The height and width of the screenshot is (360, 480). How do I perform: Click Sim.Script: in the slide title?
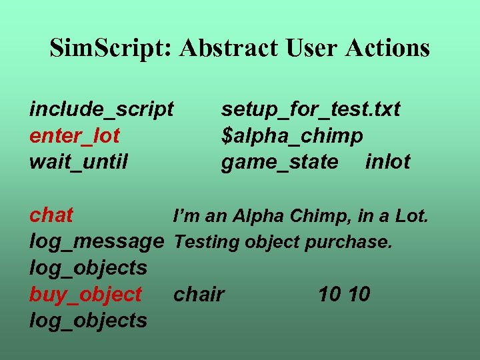(x=110, y=48)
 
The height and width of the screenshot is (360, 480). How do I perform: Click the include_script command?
(x=101, y=109)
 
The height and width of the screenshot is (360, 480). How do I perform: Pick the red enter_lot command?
(x=75, y=135)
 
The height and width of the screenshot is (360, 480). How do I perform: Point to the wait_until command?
(x=79, y=161)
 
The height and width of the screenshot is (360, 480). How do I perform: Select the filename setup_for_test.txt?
(x=311, y=109)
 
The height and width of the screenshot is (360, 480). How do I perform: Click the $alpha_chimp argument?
(x=292, y=136)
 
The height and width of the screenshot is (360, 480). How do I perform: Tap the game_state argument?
(x=279, y=162)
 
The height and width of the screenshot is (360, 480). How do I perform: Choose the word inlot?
(x=388, y=162)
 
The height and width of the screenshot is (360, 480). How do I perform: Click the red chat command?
(x=51, y=215)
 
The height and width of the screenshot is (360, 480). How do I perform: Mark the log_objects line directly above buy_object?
(x=88, y=268)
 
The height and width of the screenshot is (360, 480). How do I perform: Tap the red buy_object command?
(x=85, y=294)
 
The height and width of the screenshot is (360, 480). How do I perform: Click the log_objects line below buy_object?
(x=88, y=321)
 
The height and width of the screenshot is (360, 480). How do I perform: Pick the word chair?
(x=199, y=294)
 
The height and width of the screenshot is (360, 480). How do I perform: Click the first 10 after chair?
(x=330, y=294)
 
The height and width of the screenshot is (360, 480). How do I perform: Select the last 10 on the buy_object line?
(x=359, y=294)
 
